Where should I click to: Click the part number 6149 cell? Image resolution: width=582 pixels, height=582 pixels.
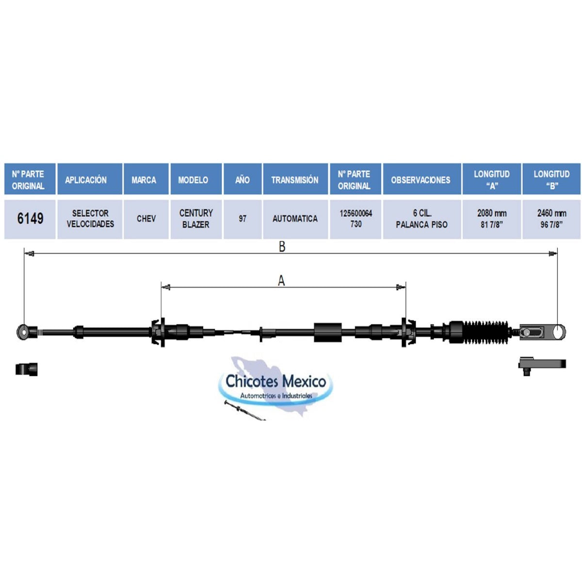point(30,219)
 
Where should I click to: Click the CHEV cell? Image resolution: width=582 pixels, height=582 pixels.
point(146,219)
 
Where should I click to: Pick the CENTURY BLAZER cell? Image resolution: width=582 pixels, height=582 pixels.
point(196,219)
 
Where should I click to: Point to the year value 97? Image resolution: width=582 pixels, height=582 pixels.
point(242,219)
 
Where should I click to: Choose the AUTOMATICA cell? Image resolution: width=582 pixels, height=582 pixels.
point(295,219)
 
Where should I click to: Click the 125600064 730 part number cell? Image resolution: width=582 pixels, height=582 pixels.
point(356,219)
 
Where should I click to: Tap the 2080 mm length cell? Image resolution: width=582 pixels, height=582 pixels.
point(491,219)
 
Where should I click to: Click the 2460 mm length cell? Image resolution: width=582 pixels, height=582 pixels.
point(551,219)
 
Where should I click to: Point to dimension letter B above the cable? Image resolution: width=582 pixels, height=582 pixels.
point(282,247)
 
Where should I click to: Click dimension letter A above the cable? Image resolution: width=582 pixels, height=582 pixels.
point(281,281)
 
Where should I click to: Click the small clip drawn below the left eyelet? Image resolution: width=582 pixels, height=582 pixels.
point(27,369)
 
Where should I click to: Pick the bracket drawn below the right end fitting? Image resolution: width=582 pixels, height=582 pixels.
point(542,364)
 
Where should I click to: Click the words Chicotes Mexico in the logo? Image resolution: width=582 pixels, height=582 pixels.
point(276,381)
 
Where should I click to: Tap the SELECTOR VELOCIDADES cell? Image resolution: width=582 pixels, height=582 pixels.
point(90,219)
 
